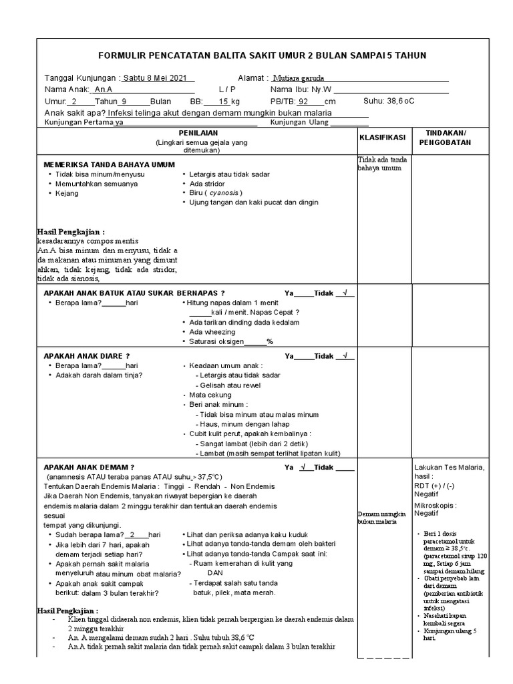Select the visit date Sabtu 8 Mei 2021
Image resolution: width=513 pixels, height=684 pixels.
click(x=155, y=77)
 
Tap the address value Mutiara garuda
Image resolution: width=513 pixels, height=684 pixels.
click(x=299, y=77)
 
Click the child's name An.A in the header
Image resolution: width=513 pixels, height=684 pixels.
click(x=103, y=90)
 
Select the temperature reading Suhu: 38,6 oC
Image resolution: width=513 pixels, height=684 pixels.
click(x=389, y=102)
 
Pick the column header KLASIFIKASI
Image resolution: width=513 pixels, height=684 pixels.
click(x=383, y=137)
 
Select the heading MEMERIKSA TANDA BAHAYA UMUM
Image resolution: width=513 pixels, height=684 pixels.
click(x=109, y=164)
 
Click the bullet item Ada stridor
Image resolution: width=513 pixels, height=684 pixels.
click(x=207, y=184)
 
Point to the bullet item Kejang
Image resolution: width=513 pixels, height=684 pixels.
click(x=67, y=193)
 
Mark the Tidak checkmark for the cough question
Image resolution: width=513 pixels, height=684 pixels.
click(x=345, y=293)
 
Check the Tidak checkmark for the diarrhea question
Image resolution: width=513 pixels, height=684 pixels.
click(x=345, y=356)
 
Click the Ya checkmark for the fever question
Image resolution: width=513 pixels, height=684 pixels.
click(x=304, y=467)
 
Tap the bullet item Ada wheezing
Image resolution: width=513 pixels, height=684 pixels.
click(x=212, y=331)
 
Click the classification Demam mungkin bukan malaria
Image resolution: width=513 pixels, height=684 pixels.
click(x=381, y=517)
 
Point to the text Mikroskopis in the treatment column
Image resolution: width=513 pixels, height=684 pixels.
click(x=437, y=505)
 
